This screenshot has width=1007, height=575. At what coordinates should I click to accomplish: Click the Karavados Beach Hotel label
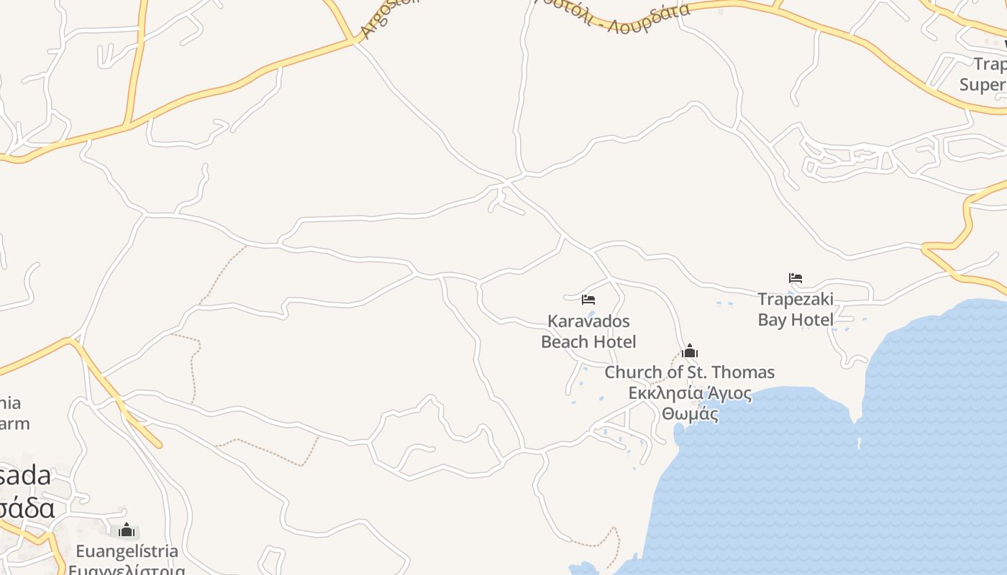588,331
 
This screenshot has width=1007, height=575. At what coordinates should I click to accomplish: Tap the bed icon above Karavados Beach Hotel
588,300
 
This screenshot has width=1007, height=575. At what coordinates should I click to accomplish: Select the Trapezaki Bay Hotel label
796,309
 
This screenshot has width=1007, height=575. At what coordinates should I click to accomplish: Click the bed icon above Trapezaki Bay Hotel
796,278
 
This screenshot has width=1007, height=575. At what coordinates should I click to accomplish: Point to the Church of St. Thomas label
689,372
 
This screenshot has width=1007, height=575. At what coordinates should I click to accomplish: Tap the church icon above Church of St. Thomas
690,351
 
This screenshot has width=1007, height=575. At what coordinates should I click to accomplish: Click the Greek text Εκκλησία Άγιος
690,393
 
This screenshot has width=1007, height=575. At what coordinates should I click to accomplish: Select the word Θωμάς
690,414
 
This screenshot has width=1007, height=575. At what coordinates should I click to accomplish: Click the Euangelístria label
127,551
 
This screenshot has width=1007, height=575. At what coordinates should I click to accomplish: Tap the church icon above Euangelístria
127,531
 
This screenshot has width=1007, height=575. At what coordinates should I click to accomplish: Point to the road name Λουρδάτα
649,17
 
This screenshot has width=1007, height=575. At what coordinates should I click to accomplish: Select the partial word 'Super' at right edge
983,85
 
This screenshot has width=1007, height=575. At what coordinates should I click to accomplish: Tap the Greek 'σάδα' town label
27,508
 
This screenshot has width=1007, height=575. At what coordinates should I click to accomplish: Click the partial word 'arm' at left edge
14,423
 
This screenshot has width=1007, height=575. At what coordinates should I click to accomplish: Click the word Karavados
588,321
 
